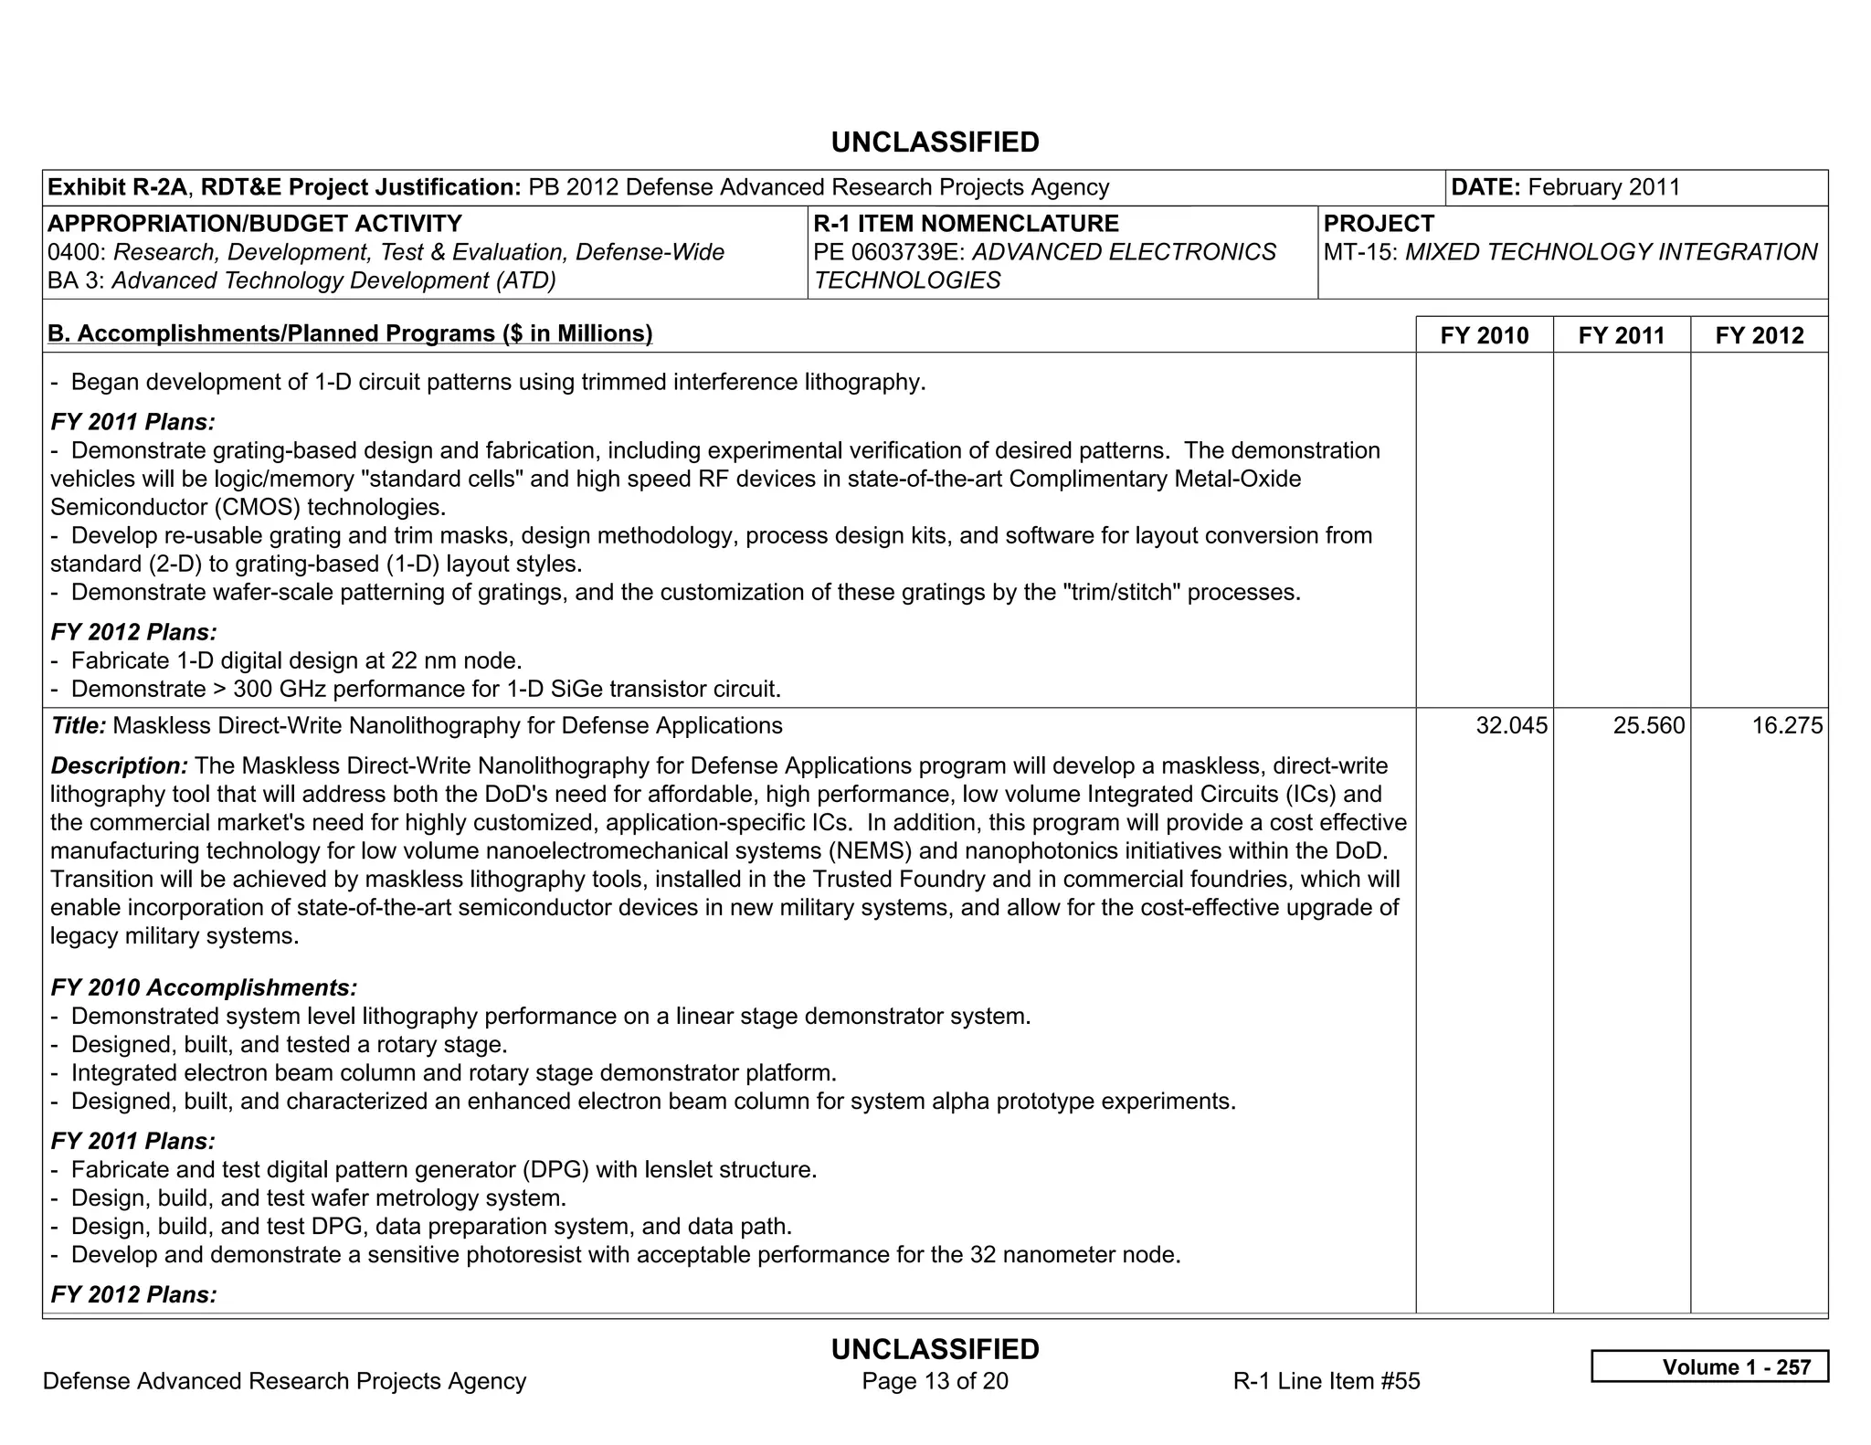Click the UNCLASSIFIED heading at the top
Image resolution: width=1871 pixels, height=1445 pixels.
pos(935,142)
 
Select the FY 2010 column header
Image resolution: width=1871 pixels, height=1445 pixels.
pos(1484,335)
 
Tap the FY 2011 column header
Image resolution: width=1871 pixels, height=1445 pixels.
pos(1621,335)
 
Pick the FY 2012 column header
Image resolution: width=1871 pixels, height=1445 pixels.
pos(1759,335)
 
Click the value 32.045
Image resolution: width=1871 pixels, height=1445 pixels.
pos(1511,725)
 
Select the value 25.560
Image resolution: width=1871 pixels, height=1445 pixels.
pos(1648,725)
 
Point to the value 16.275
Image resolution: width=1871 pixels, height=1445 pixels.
pos(1786,725)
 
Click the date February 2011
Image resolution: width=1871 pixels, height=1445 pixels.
pos(1603,187)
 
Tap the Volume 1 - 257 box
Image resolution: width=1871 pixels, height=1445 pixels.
pos(1709,1366)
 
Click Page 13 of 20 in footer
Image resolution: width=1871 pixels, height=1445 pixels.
pos(935,1380)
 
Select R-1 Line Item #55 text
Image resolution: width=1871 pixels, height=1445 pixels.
pos(1326,1380)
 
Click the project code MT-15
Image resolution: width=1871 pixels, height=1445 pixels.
pos(1359,252)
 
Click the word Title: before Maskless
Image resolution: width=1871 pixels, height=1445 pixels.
pos(79,725)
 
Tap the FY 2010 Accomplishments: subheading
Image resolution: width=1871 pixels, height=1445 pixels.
pos(204,987)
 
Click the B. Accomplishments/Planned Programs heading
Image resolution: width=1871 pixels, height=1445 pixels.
pos(350,333)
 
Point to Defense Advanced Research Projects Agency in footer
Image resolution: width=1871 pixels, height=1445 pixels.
pos(284,1380)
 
